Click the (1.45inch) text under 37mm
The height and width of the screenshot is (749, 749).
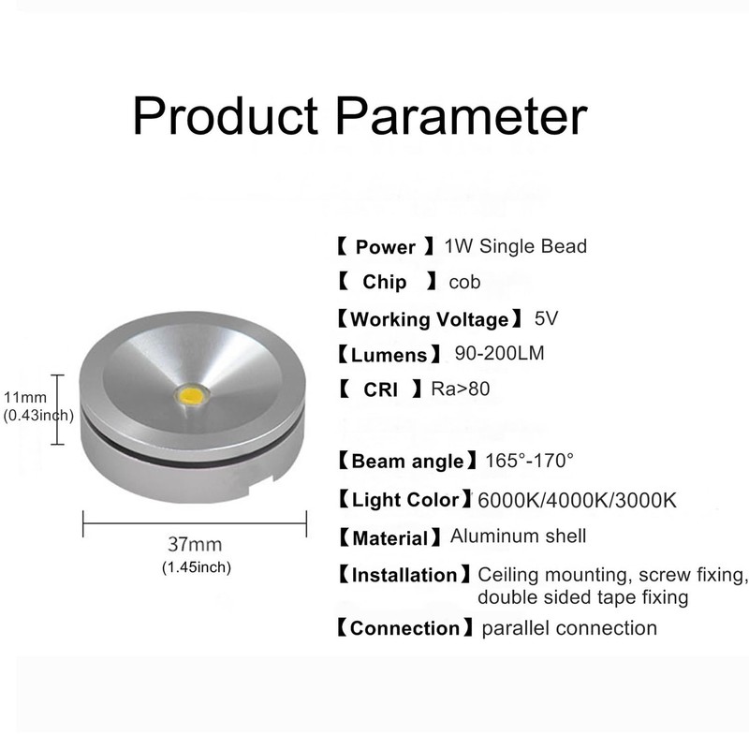(x=196, y=566)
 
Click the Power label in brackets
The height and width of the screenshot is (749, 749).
(x=385, y=247)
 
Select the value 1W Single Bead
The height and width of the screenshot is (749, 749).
(x=516, y=246)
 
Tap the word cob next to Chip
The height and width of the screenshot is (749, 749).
(x=464, y=282)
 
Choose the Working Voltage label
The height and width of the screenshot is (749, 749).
(x=429, y=319)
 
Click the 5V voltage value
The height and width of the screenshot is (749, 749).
(x=546, y=318)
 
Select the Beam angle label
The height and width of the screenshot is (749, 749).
(x=407, y=461)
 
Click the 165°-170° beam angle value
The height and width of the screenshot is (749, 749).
(x=530, y=460)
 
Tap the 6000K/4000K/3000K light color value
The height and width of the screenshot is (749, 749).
(x=577, y=499)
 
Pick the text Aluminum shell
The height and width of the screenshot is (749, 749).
(x=518, y=536)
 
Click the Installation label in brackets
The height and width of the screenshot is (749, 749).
(x=404, y=574)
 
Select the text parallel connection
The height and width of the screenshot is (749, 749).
(x=569, y=627)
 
